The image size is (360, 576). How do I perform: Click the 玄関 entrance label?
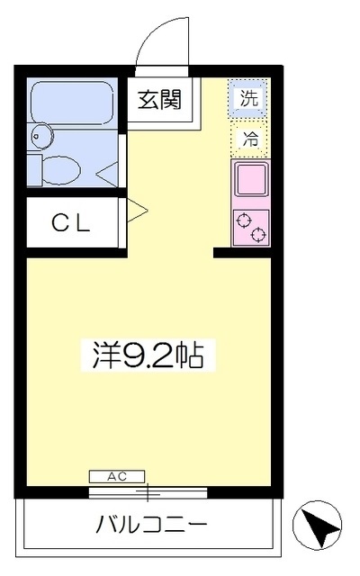click(160, 99)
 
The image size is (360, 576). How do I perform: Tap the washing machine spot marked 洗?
click(249, 98)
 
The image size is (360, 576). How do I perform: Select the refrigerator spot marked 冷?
click(250, 139)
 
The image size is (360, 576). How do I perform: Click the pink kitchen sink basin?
click(251, 180)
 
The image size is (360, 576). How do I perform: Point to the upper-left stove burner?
click(244, 220)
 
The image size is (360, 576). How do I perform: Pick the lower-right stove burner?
click(259, 234)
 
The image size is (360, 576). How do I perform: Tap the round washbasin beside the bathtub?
click(41, 136)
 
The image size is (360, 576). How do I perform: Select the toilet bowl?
click(61, 170)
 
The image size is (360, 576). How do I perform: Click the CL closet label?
click(71, 223)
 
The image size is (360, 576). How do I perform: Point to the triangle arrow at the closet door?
click(137, 211)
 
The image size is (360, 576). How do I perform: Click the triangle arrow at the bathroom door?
click(107, 174)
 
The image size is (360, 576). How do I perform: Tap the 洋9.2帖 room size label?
click(148, 356)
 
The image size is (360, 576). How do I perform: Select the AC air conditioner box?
click(117, 476)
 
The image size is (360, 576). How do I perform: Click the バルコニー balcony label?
click(152, 524)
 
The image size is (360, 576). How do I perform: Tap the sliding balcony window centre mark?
click(148, 492)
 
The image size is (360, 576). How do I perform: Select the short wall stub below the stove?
click(242, 253)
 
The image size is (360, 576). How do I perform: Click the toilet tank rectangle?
click(34, 170)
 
